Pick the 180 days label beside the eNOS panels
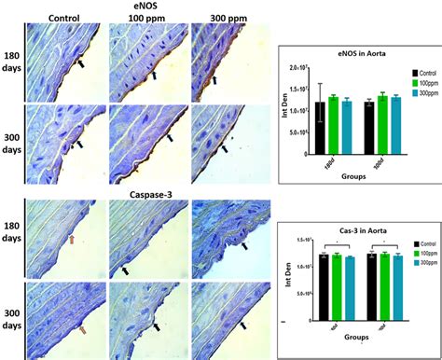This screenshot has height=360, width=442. point(11,57)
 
